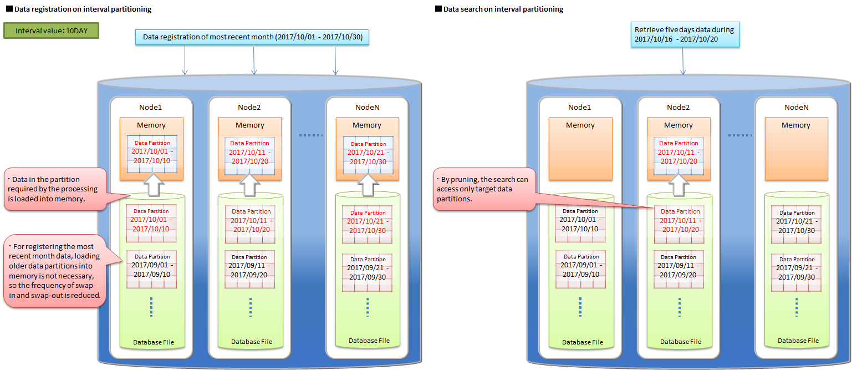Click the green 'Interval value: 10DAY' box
click(x=51, y=31)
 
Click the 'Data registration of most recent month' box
click(x=253, y=37)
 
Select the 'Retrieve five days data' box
click(x=685, y=34)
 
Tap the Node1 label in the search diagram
click(x=580, y=107)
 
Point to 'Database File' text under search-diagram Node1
click(x=583, y=342)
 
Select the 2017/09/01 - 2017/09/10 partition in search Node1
click(x=581, y=269)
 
